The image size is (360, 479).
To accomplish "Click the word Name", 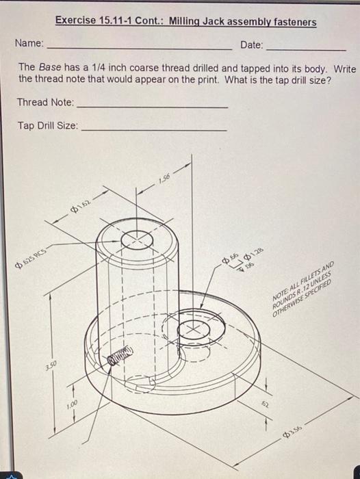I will click(29, 44).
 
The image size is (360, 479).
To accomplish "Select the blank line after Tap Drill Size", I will click(153, 130).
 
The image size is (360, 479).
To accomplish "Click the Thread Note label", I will click(45, 103).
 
